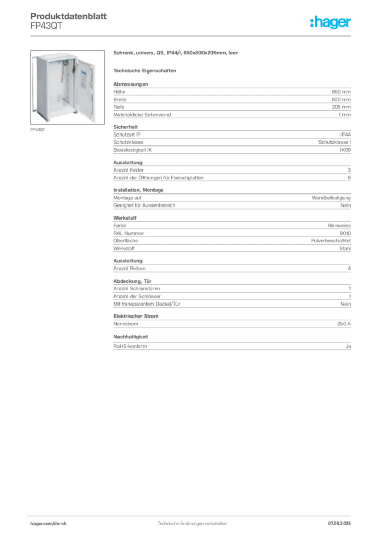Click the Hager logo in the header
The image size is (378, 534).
tap(330, 22)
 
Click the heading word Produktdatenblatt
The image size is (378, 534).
tap(68, 16)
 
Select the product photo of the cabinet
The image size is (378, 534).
tap(67, 87)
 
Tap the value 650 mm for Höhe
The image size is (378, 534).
tap(341, 92)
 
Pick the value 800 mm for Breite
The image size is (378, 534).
tap(341, 100)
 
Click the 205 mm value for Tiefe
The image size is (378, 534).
tap(341, 107)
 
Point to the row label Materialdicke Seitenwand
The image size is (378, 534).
tap(142, 115)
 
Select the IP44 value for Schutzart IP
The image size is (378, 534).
tap(345, 135)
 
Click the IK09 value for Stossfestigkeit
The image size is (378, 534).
tap(345, 150)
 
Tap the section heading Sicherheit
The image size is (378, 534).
tap(125, 127)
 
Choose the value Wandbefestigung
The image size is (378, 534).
tap(331, 198)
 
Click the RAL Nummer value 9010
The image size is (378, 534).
tap(345, 233)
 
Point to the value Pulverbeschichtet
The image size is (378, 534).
tap(330, 241)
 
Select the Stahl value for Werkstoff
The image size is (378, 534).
tap(345, 249)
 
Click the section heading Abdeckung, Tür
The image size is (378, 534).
tap(132, 281)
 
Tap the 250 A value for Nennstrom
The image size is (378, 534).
tap(344, 324)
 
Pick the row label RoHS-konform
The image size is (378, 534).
tap(130, 346)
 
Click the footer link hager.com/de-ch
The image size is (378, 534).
tap(49, 524)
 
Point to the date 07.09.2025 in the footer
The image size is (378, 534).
tap(339, 524)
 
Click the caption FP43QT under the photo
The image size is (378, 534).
tap(38, 130)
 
